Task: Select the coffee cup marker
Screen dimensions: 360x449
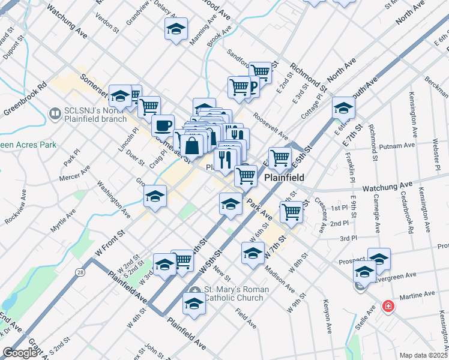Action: [x=163, y=125]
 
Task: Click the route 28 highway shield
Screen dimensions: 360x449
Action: [x=80, y=272]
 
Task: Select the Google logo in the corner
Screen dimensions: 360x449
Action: [x=19, y=353]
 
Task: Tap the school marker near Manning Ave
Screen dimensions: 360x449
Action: [x=176, y=29]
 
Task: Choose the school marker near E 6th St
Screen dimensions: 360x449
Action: [x=343, y=108]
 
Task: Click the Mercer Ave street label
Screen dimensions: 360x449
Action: [x=74, y=175]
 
